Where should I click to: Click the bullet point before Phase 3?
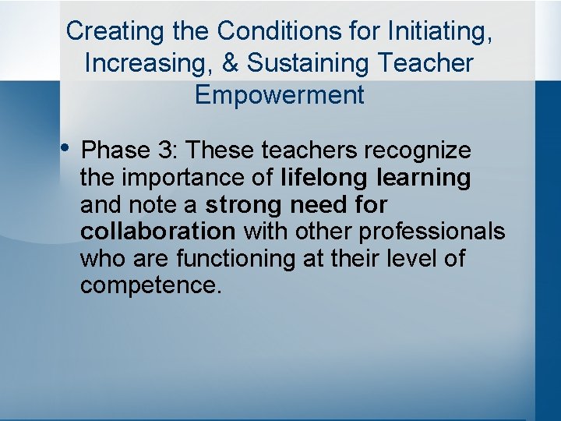pos(65,147)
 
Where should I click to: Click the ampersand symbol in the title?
pos(231,63)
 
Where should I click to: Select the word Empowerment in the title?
pos(280,95)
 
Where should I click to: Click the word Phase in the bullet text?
pos(114,150)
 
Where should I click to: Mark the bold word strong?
pos(243,205)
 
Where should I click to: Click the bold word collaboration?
pos(157,232)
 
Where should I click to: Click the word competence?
pos(150,285)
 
